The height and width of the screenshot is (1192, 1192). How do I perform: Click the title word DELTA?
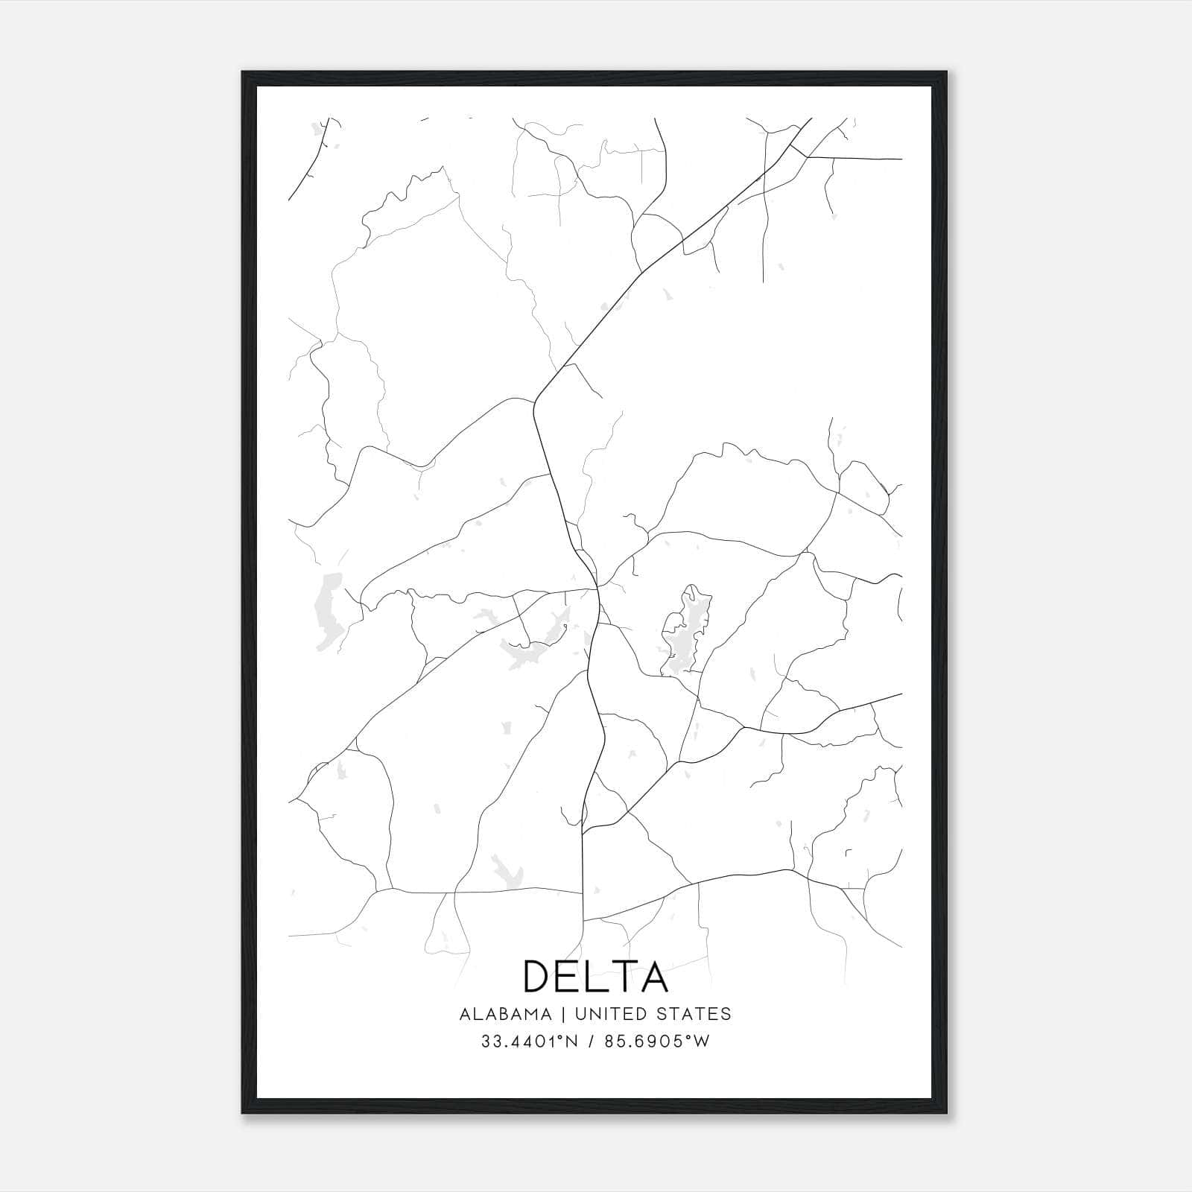click(x=595, y=976)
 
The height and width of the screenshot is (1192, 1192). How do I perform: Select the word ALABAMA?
click(x=506, y=1014)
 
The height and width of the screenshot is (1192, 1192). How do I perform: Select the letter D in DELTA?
click(x=539, y=976)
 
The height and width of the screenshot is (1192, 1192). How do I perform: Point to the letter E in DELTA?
click(x=571, y=976)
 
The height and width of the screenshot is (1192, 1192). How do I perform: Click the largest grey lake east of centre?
click(x=686, y=630)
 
